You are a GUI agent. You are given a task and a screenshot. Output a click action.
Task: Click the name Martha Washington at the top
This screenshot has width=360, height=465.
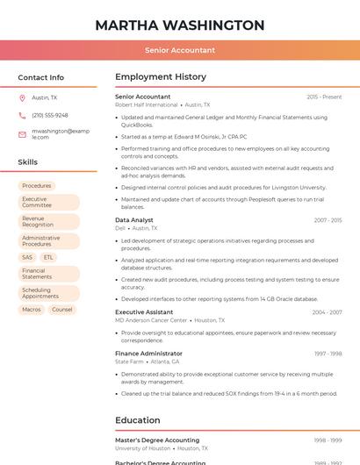(180, 25)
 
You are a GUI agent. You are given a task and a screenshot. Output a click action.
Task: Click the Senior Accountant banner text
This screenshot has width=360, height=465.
(180, 50)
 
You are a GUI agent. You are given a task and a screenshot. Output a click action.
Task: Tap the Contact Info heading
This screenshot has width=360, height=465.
(40, 77)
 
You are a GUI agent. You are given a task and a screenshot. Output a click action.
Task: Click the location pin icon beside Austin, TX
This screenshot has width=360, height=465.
(22, 98)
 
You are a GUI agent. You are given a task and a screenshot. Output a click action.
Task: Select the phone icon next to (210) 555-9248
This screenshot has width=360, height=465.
(22, 116)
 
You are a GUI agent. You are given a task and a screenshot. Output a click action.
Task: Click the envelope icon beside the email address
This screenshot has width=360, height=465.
(22, 133)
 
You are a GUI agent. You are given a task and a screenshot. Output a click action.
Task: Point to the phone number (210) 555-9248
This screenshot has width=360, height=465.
(50, 116)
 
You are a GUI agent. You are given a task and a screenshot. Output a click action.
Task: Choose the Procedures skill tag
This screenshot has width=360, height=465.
(37, 186)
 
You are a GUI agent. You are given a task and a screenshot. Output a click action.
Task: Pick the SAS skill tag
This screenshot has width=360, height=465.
(27, 257)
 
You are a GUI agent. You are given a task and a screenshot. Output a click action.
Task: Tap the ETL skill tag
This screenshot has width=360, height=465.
(48, 257)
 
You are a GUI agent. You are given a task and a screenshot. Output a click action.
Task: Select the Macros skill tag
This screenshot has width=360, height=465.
(32, 310)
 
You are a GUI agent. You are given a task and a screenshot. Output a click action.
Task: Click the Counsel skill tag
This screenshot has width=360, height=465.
(62, 310)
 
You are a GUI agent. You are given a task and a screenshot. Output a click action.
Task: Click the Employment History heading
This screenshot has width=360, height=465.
(161, 77)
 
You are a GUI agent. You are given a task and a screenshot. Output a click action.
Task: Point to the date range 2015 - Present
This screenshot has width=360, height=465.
(324, 97)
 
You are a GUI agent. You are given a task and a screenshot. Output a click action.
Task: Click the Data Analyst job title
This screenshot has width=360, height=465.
(134, 220)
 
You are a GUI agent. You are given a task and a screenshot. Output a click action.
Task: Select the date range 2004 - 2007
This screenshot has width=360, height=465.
(327, 312)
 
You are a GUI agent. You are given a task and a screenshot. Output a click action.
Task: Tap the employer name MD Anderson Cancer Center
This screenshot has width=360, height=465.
(151, 320)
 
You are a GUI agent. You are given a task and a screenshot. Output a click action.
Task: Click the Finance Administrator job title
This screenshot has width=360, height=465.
(148, 354)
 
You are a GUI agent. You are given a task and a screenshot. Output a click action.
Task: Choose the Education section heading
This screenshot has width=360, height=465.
(138, 420)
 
